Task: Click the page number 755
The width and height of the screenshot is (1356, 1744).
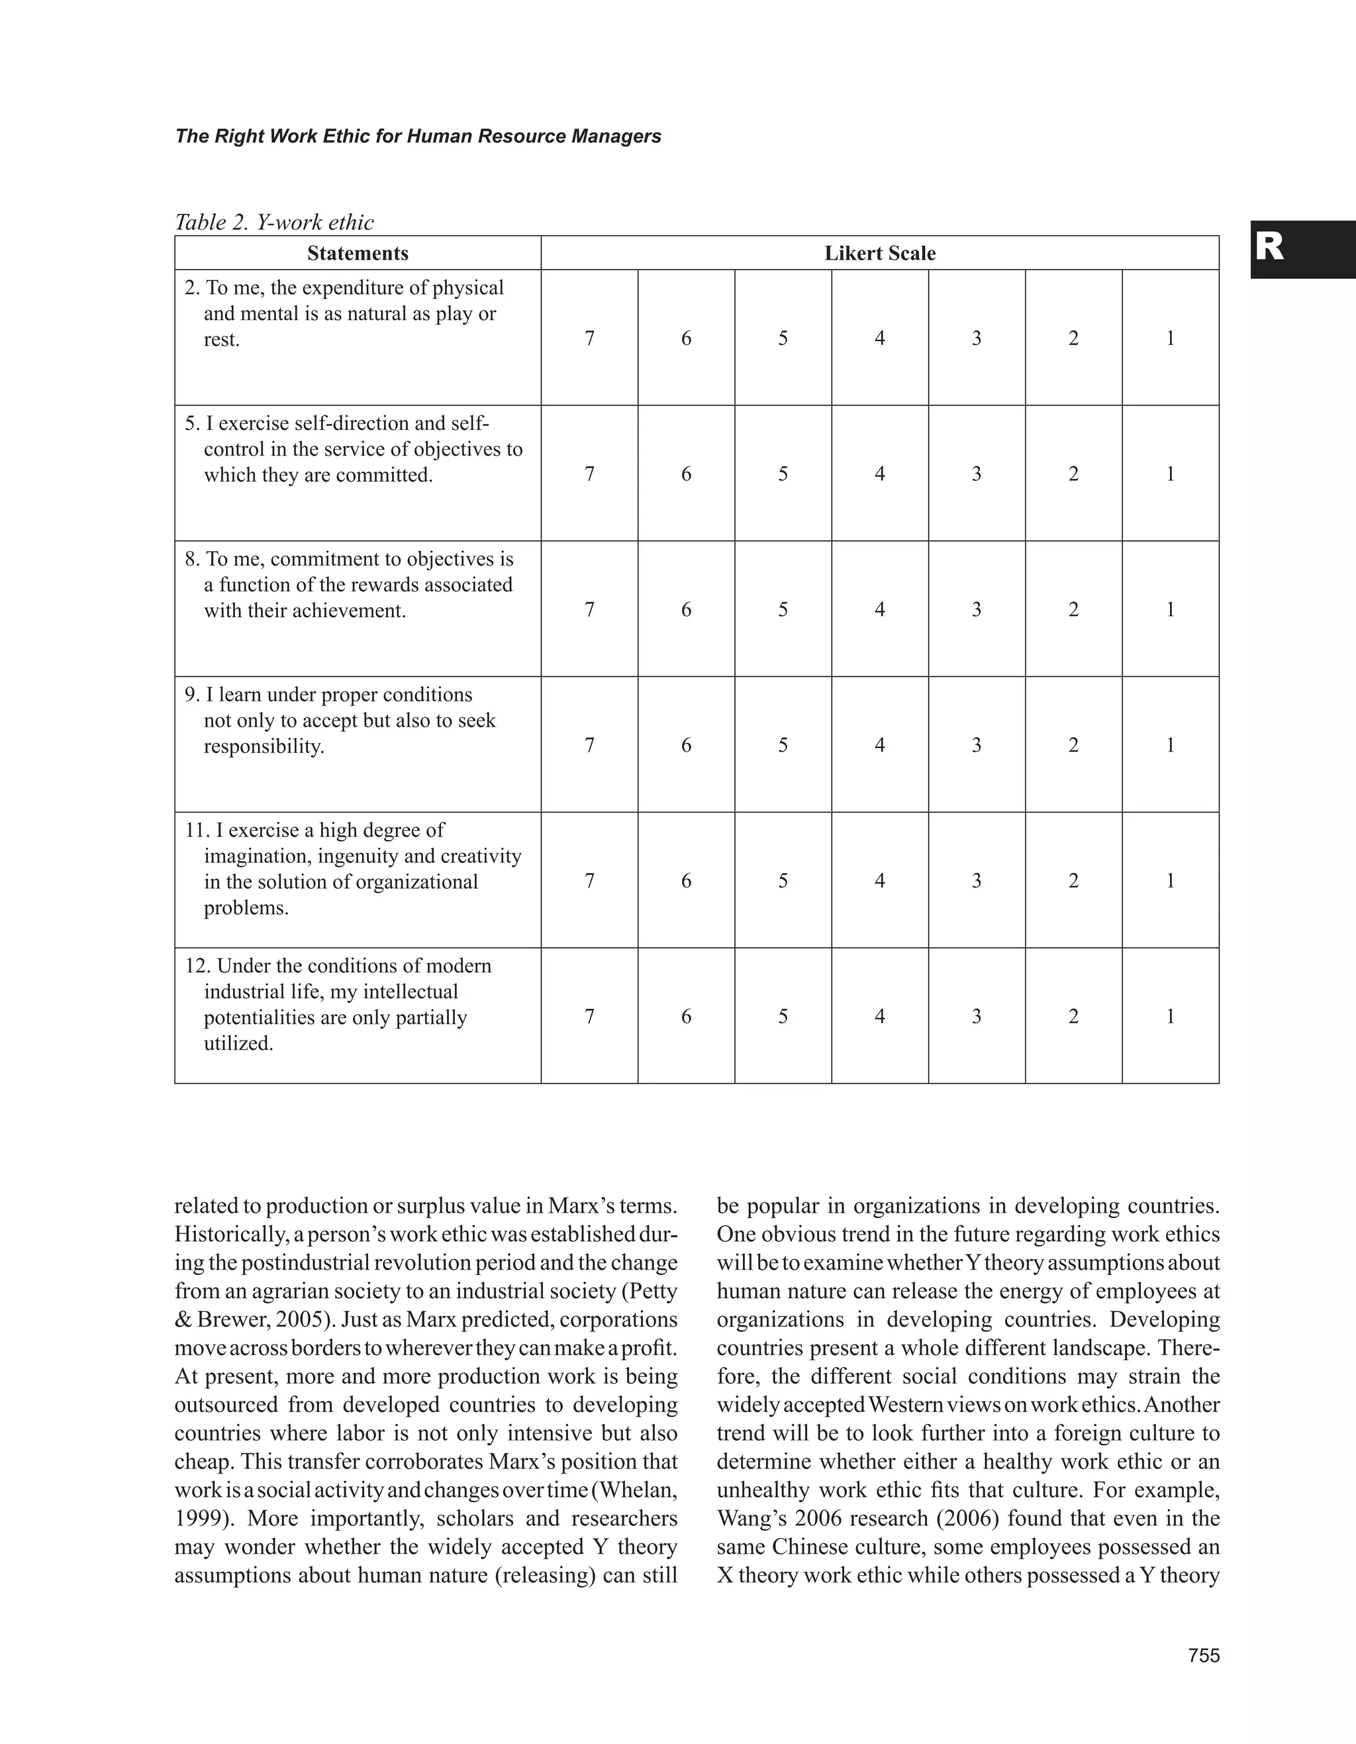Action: point(1204,1655)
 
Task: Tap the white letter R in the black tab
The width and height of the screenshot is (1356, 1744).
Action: point(1269,248)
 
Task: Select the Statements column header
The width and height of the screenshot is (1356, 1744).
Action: point(358,253)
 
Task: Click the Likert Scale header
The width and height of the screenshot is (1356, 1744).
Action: point(879,253)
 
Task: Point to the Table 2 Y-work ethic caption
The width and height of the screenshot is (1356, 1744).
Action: point(273,222)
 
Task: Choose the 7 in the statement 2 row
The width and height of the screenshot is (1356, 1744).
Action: point(589,338)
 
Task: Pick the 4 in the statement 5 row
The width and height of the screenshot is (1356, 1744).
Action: point(879,474)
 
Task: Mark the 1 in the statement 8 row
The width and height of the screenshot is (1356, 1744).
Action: point(1170,610)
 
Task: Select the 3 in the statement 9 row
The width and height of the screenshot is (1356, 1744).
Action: point(976,746)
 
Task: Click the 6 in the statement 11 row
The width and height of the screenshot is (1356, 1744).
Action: point(685,882)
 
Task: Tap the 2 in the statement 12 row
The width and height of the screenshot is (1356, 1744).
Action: point(1073,1017)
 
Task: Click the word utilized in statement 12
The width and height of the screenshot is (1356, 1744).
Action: point(238,1044)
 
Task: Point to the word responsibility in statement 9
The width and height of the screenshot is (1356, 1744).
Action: point(264,746)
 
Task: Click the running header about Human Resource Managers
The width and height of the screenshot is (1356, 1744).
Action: point(418,136)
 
